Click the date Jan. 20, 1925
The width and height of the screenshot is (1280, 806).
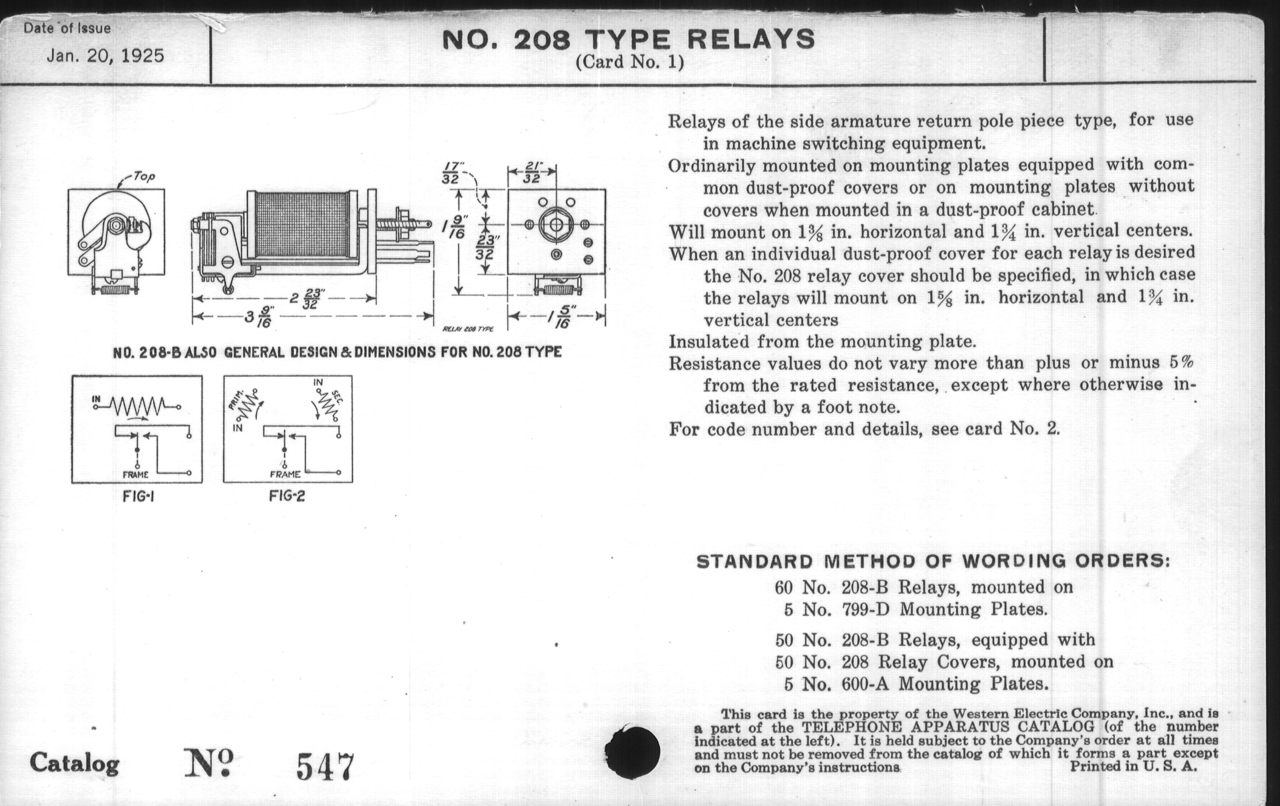click(x=106, y=56)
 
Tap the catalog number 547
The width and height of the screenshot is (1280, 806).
click(x=324, y=766)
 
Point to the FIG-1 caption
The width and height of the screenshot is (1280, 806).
click(x=138, y=496)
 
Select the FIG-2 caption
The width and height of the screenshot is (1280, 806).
click(x=287, y=496)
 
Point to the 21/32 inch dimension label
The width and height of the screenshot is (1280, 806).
click(x=532, y=172)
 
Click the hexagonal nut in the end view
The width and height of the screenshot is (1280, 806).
click(x=556, y=224)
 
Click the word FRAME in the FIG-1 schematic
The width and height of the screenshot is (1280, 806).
click(x=136, y=475)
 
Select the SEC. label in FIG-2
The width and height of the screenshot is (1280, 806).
click(x=336, y=397)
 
